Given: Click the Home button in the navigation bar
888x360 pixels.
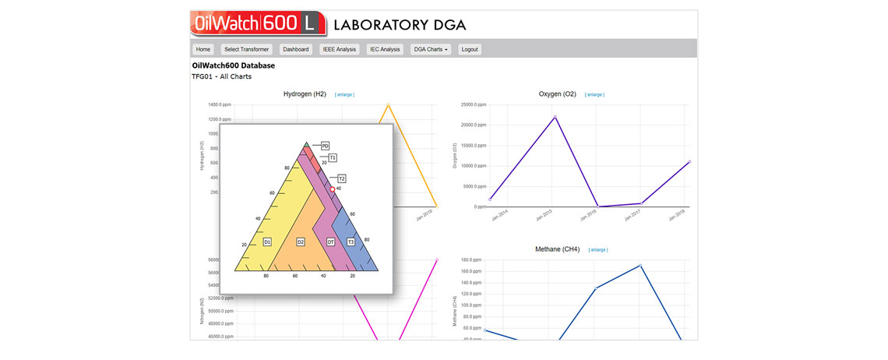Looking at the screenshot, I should (203, 49).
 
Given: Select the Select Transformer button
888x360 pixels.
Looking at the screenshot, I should (246, 49).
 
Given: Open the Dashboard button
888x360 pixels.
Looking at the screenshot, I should (296, 49).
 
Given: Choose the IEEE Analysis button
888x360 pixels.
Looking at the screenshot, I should (339, 49).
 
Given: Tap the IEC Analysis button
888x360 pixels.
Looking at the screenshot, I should (385, 49).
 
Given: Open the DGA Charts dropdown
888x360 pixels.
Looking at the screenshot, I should (431, 49).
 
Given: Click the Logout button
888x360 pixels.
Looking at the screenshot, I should (470, 49).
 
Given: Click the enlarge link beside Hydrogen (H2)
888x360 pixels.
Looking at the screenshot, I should (344, 94).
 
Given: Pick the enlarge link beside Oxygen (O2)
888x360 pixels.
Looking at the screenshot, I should (594, 94).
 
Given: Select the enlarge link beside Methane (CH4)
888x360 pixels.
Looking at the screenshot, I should (598, 250).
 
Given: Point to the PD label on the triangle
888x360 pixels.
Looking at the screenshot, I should (326, 146).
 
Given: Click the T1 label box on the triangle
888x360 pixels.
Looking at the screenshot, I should (333, 158).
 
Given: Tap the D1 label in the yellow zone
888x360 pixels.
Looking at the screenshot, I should (267, 242).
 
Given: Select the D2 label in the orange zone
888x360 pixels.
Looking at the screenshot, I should (301, 242).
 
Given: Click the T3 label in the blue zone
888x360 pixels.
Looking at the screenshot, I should (351, 242).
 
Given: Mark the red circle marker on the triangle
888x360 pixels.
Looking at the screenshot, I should (333, 189).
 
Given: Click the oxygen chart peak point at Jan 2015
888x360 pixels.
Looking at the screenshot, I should (555, 117).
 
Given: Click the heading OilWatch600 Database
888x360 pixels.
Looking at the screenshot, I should (233, 65).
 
